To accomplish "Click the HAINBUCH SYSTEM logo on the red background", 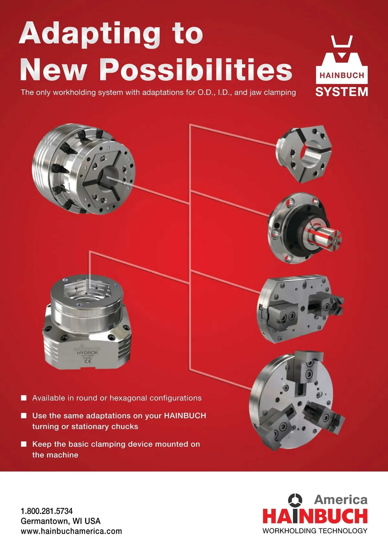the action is pos(341,66).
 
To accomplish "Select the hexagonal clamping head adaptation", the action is pos(304,154).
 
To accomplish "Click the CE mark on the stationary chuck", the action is pos(88,361).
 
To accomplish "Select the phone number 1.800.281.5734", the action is pos(47,511).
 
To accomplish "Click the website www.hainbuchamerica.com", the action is pos(71,531).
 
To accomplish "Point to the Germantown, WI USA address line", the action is pos(61,521).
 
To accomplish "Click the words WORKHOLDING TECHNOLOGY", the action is pos(315,530).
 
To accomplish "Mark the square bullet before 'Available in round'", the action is pos(24,398).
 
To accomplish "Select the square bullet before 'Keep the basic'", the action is pos(24,444).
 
